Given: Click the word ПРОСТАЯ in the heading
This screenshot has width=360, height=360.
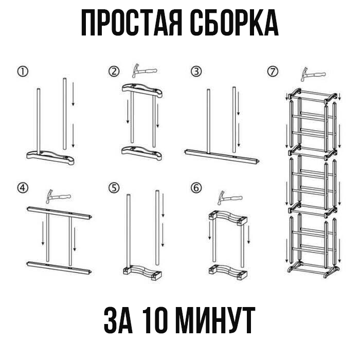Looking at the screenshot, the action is click(x=132, y=23).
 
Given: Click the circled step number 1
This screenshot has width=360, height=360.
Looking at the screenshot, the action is click(x=23, y=72).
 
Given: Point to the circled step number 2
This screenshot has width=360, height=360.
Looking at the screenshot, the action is click(x=114, y=71).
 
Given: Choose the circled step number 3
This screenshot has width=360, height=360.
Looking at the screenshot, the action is click(x=196, y=71).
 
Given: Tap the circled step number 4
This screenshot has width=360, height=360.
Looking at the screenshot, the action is click(x=23, y=188).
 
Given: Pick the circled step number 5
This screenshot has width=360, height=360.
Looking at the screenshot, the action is click(x=114, y=188).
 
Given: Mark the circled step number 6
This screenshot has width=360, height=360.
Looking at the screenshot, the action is click(x=196, y=188).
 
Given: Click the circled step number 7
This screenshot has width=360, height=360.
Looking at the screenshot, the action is click(x=273, y=71).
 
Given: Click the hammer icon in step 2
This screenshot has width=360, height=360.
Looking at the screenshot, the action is click(x=144, y=70).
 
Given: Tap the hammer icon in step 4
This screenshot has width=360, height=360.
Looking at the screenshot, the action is click(x=58, y=196).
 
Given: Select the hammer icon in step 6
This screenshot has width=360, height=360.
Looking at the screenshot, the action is click(x=230, y=197).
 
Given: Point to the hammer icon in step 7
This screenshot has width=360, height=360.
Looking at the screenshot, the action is click(x=313, y=74).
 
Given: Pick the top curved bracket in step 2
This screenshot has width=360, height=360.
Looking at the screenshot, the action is click(x=142, y=91).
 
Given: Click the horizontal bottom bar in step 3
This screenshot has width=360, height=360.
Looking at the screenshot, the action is click(x=222, y=156).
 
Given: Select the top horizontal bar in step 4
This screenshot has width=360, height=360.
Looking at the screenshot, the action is click(x=59, y=213).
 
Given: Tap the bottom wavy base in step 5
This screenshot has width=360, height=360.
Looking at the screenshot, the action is click(x=142, y=273).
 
